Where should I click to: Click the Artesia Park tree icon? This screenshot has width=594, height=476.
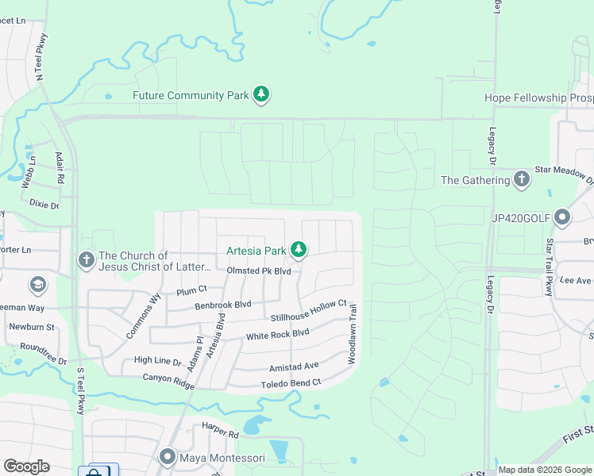299,251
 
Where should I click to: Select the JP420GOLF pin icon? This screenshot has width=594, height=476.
563,217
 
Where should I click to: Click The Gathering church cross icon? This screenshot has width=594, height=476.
521,179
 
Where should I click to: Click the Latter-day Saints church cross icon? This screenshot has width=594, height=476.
87,259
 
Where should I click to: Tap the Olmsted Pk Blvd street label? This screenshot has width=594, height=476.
259,271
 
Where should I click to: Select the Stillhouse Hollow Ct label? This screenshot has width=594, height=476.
308,309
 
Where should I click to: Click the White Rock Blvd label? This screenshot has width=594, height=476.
277,335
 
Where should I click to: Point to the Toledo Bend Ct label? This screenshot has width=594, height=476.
291,383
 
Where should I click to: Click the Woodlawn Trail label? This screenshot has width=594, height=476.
353,334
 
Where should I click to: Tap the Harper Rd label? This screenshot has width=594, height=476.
220,434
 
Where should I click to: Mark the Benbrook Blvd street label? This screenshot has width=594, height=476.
223,304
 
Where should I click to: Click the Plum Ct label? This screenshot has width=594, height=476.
191,290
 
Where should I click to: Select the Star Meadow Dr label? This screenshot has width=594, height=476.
564,170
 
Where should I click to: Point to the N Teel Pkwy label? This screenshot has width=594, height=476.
41,56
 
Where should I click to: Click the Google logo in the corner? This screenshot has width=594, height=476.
26,466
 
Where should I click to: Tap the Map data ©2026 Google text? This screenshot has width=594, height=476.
544,470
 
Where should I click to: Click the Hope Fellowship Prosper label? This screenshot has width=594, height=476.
538,98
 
